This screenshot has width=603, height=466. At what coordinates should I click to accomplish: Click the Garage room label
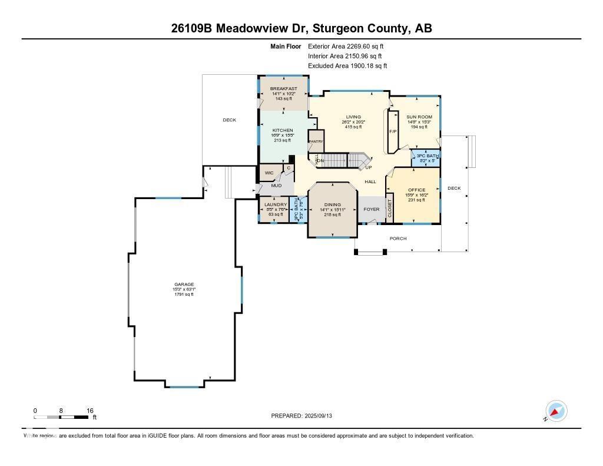point(184,284)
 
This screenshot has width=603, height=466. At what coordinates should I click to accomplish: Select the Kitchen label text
point(282,130)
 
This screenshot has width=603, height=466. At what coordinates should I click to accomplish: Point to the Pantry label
point(316,141)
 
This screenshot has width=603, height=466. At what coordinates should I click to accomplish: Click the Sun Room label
point(419,117)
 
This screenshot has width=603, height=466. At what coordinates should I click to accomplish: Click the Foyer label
point(372,209)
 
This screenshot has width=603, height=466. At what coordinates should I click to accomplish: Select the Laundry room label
point(275,204)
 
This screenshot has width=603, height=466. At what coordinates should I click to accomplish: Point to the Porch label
point(398,239)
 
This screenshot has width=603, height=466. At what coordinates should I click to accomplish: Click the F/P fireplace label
point(393,131)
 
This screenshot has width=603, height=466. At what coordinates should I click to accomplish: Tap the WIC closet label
point(269,173)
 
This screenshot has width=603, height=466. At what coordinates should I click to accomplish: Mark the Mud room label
point(276,186)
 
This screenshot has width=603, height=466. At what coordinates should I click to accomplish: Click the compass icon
point(556,411)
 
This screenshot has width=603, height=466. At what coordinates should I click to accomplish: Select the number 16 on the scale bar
point(90,411)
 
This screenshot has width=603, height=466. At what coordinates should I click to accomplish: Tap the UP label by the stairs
point(369,167)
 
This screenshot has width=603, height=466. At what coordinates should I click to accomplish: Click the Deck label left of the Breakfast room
point(229,120)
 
